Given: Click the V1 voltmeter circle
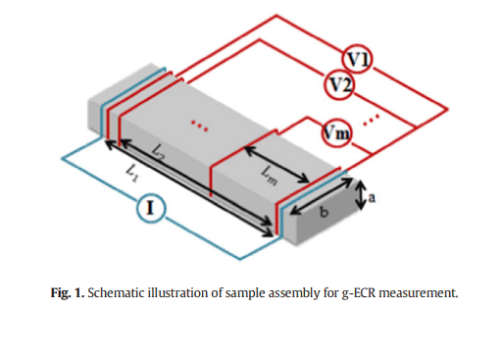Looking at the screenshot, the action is coord(358,60).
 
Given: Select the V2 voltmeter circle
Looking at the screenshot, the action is coord(340,84).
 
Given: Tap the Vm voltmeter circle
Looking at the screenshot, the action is coord(336,133).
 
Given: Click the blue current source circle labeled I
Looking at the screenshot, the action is coord(151,208).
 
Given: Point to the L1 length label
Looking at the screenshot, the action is coord(132,173).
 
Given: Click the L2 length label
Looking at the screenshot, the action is coord(159,153).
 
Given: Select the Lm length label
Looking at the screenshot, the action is coord(270,177).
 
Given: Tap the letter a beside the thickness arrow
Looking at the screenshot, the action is coord(372,198).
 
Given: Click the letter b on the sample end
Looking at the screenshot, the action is coord(324,212).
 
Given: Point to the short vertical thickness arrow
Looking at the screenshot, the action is coord(361,195).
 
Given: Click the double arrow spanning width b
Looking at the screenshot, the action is coord(322,196).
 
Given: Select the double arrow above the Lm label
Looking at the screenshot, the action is coord(276,165).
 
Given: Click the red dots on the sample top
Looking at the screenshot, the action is coord(199,126).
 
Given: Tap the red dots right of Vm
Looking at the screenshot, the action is coord(372,120).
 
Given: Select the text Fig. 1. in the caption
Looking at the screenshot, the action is coord(68,293).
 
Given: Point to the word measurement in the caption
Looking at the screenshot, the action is coord(419,293).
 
